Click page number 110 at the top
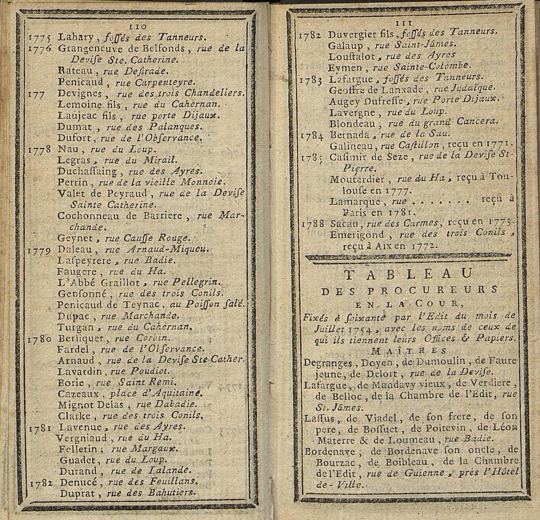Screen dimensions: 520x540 coord(137,26)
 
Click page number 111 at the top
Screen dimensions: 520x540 coord(403,23)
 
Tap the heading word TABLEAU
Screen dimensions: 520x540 coord(409,274)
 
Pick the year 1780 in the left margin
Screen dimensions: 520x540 coord(40,339)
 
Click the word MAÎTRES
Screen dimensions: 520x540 coord(409,351)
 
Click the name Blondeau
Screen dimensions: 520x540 coord(352,124)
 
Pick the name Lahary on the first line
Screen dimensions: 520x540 coord(75,37)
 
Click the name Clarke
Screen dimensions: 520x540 coord(74,415)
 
